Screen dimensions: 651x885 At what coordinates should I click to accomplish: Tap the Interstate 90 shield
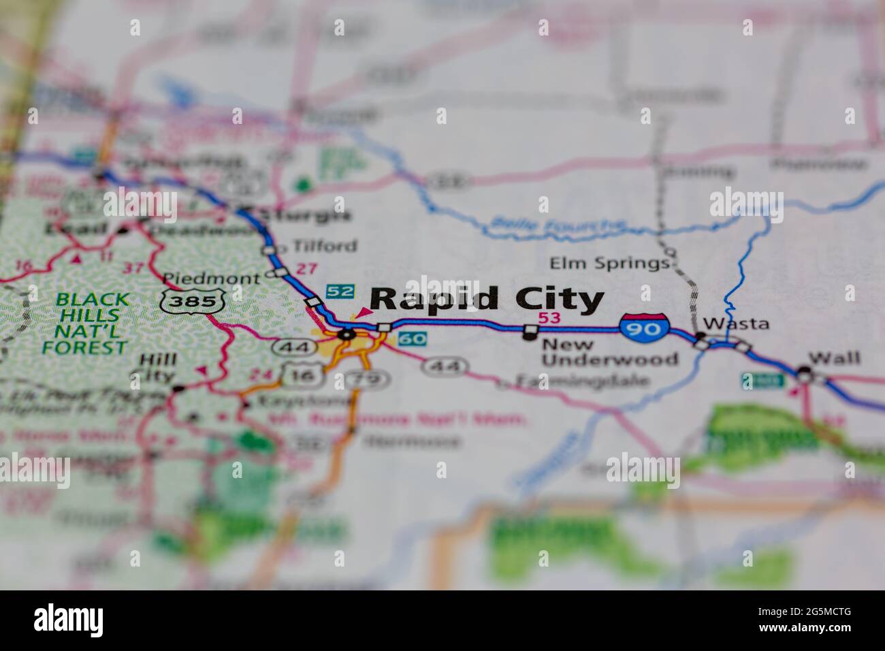644,327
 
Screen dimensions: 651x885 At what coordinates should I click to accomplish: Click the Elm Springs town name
609,263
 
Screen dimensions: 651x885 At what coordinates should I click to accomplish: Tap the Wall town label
834,358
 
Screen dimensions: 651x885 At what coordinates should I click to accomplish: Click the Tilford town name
324,246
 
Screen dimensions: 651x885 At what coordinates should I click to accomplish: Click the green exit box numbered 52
340,291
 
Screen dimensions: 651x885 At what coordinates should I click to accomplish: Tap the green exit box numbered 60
413,338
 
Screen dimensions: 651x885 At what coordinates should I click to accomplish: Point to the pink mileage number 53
549,317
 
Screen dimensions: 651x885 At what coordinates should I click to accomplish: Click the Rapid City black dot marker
347,334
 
